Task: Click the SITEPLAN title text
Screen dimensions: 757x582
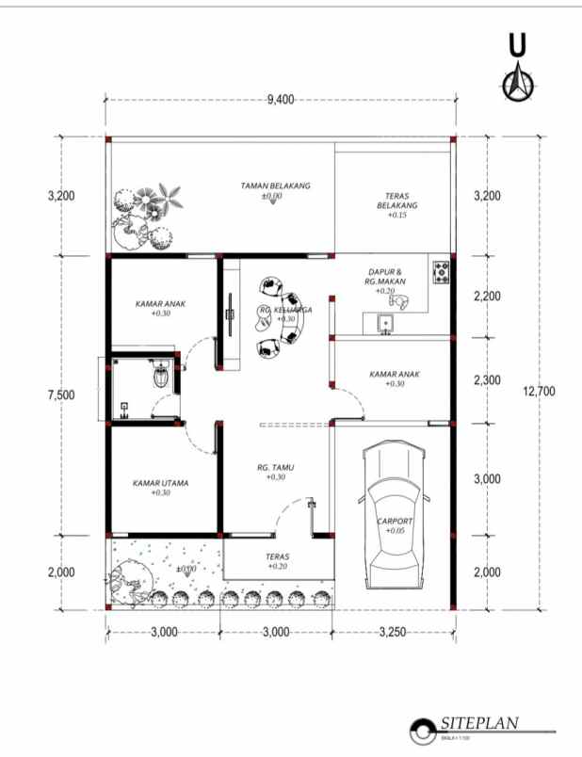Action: click(x=478, y=724)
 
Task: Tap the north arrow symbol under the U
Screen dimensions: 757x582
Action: click(x=517, y=84)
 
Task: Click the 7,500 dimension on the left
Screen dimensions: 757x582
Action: click(x=60, y=395)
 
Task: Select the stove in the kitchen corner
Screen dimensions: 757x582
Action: click(x=441, y=273)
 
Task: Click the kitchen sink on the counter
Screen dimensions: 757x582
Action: click(x=383, y=325)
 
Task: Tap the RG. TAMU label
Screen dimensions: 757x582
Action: click(x=275, y=467)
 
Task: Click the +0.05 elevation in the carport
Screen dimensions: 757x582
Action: click(x=394, y=532)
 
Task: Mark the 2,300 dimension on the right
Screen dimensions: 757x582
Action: click(x=487, y=380)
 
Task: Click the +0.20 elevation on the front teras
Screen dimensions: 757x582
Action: click(x=277, y=567)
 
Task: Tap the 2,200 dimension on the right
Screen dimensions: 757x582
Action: click(x=487, y=297)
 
